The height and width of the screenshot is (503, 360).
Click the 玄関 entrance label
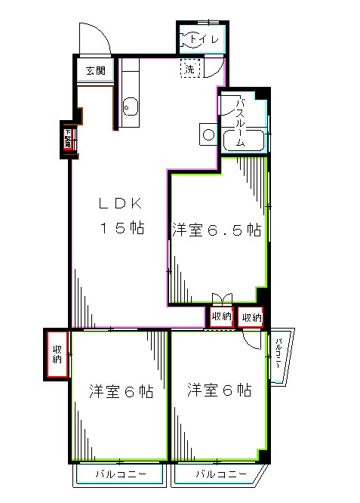[95, 72]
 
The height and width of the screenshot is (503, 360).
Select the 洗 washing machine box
[189, 69]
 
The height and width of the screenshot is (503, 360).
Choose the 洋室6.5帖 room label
[217, 230]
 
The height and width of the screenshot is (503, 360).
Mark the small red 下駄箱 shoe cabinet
[67, 140]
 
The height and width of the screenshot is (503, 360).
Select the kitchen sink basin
[129, 107]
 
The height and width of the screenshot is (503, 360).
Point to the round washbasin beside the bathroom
[208, 135]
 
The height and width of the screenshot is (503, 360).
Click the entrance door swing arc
[94, 38]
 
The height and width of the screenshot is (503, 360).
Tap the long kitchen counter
[129, 91]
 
